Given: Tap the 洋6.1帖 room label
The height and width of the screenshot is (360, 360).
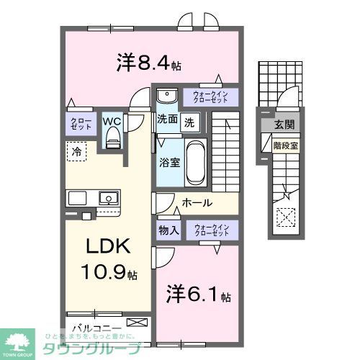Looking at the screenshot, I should [x=199, y=296].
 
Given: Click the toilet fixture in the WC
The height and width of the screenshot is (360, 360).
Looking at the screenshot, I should [x=112, y=140].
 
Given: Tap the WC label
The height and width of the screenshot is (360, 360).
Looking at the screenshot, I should [x=112, y=121].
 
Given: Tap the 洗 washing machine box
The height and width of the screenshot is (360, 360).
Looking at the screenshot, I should [x=188, y=122].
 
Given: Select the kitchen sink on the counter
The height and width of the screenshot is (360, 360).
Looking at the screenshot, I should [x=109, y=197].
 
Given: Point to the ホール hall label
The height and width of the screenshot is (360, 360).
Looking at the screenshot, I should [x=196, y=204].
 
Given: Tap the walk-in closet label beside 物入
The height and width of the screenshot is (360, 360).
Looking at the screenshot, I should [x=211, y=230].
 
